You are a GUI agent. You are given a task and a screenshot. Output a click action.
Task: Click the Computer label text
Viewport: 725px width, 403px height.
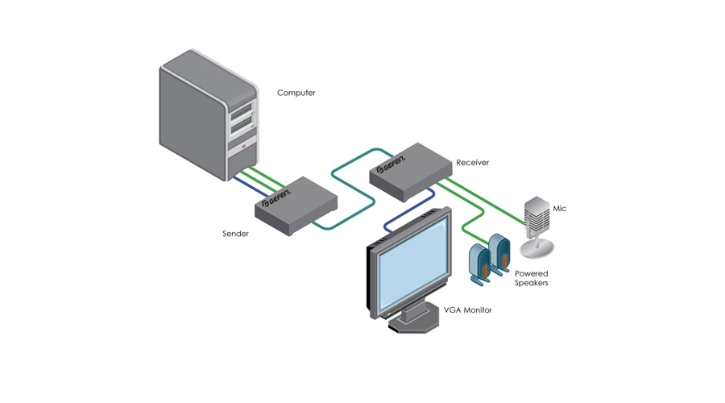pyautogui.click(x=296, y=93)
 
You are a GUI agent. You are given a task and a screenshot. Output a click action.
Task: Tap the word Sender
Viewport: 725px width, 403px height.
pyautogui.click(x=235, y=234)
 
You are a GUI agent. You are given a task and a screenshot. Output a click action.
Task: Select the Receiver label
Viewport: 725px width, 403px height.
pyautogui.click(x=472, y=162)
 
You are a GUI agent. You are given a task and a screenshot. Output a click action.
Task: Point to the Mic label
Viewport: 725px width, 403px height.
pyautogui.click(x=559, y=209)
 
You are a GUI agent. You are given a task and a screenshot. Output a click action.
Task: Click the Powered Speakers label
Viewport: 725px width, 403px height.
pyautogui.click(x=532, y=278)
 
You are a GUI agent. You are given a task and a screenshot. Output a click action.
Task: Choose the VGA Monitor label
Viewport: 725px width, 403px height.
pyautogui.click(x=467, y=310)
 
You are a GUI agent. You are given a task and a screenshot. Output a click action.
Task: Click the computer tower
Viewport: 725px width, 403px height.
pyautogui.click(x=208, y=113)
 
